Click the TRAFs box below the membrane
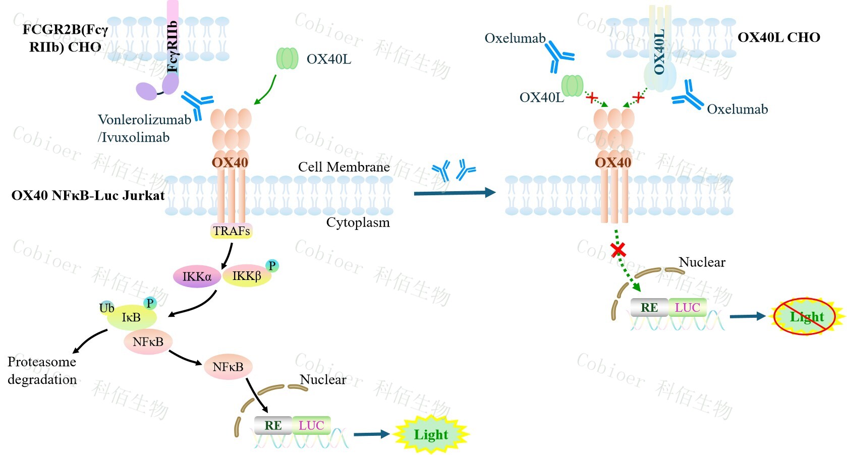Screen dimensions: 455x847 [231, 231]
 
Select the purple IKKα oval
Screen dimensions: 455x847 [197, 276]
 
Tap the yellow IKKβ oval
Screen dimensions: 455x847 [247, 276]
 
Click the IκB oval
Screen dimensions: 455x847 [131, 317]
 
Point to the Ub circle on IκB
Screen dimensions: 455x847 [106, 308]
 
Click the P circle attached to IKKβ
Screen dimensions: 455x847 [272, 265]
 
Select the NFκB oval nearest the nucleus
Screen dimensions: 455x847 [228, 367]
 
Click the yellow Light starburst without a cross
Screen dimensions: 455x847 [430, 434]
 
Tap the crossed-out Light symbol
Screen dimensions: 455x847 [807, 317]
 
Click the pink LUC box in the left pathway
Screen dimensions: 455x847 [311, 425]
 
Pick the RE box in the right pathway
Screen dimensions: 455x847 [649, 307]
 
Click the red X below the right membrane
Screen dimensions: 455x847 [618, 249]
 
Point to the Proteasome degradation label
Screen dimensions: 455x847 [42, 370]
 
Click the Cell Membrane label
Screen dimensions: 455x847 [344, 167]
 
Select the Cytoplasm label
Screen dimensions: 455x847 [358, 222]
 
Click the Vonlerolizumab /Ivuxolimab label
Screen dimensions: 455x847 [144, 128]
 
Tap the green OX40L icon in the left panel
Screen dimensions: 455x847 [287, 59]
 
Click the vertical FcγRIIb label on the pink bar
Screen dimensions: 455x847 [173, 46]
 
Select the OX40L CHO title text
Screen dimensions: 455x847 [778, 37]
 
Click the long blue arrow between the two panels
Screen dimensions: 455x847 [454, 192]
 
